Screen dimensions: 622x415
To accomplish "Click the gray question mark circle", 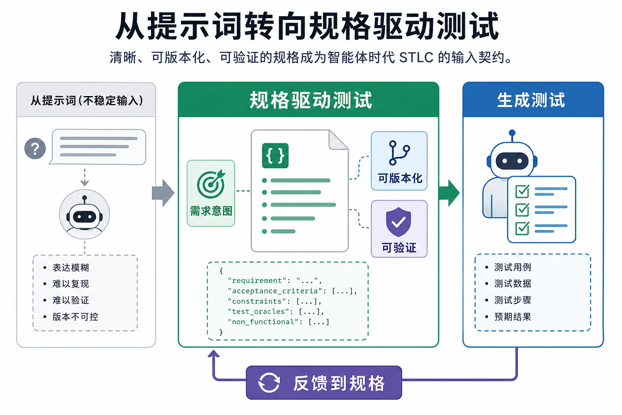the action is pyautogui.click(x=35, y=148).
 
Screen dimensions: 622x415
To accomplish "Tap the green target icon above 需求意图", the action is pyautogui.click(x=211, y=184).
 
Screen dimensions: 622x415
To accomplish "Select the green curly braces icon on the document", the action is pyautogui.click(x=275, y=156).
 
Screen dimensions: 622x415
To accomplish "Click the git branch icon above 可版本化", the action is pyautogui.click(x=399, y=153).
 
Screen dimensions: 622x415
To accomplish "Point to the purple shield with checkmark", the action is pyautogui.click(x=398, y=222).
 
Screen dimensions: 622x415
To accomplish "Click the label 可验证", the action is pyautogui.click(x=399, y=247).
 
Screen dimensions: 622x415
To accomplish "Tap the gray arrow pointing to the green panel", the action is pyautogui.click(x=163, y=193).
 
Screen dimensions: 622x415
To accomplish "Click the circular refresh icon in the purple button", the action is pyautogui.click(x=269, y=383).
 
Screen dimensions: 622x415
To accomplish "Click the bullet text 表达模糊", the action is pyautogui.click(x=71, y=267).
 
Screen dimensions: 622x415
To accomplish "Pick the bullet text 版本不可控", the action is pyautogui.click(x=75, y=317).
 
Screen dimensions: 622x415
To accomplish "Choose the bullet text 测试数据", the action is pyautogui.click(x=513, y=284).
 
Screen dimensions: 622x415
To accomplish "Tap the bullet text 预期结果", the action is pyautogui.click(x=513, y=317).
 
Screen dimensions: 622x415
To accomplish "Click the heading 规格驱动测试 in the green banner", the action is pyautogui.click(x=311, y=100).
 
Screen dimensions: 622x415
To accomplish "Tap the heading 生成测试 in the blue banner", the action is pyautogui.click(x=531, y=100).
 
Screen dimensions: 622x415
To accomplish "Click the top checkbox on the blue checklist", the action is pyautogui.click(x=522, y=191).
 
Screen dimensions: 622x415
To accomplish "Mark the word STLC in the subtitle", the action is pyautogui.click(x=416, y=58).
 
